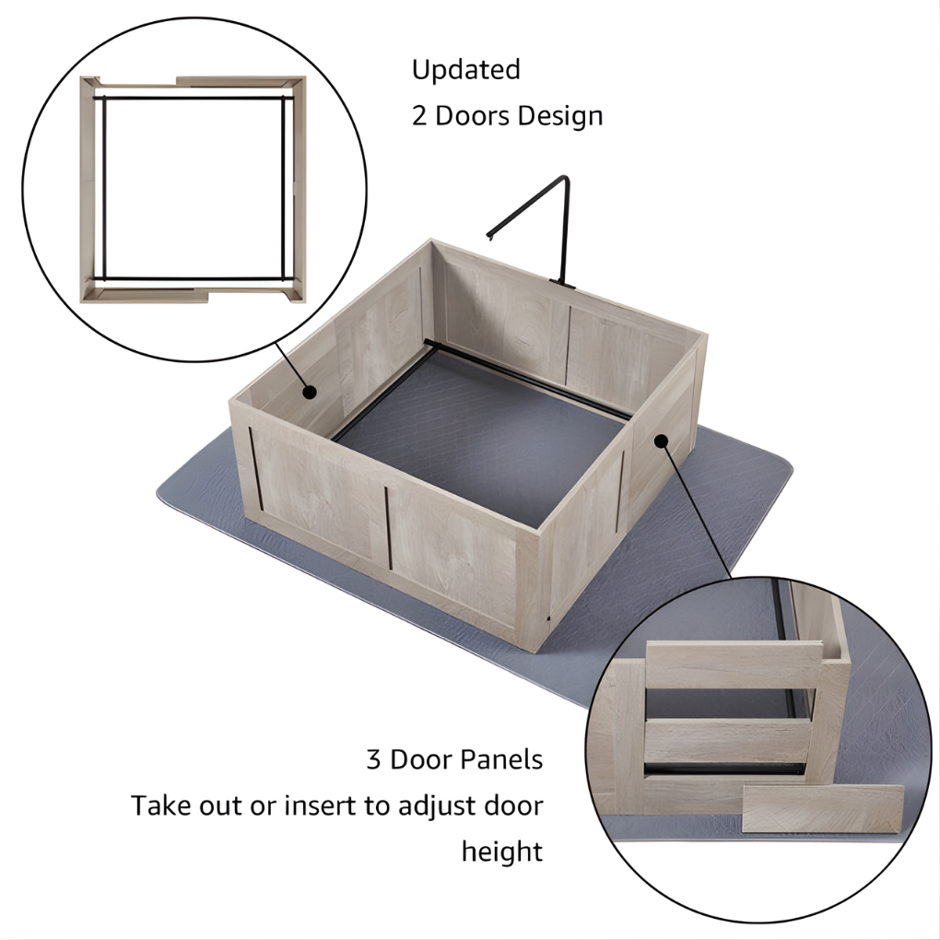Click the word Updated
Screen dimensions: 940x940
pos(465,71)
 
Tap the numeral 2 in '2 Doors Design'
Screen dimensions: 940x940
pos(419,117)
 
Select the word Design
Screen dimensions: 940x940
pos(560,117)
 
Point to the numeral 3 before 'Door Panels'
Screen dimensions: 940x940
pos(373,760)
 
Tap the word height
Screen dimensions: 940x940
pos(502,852)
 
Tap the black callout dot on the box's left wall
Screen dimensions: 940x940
pos(311,392)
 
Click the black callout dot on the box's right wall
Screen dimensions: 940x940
pos(660,441)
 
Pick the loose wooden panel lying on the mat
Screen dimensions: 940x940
pos(822,807)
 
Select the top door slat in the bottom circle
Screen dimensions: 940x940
pos(734,664)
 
